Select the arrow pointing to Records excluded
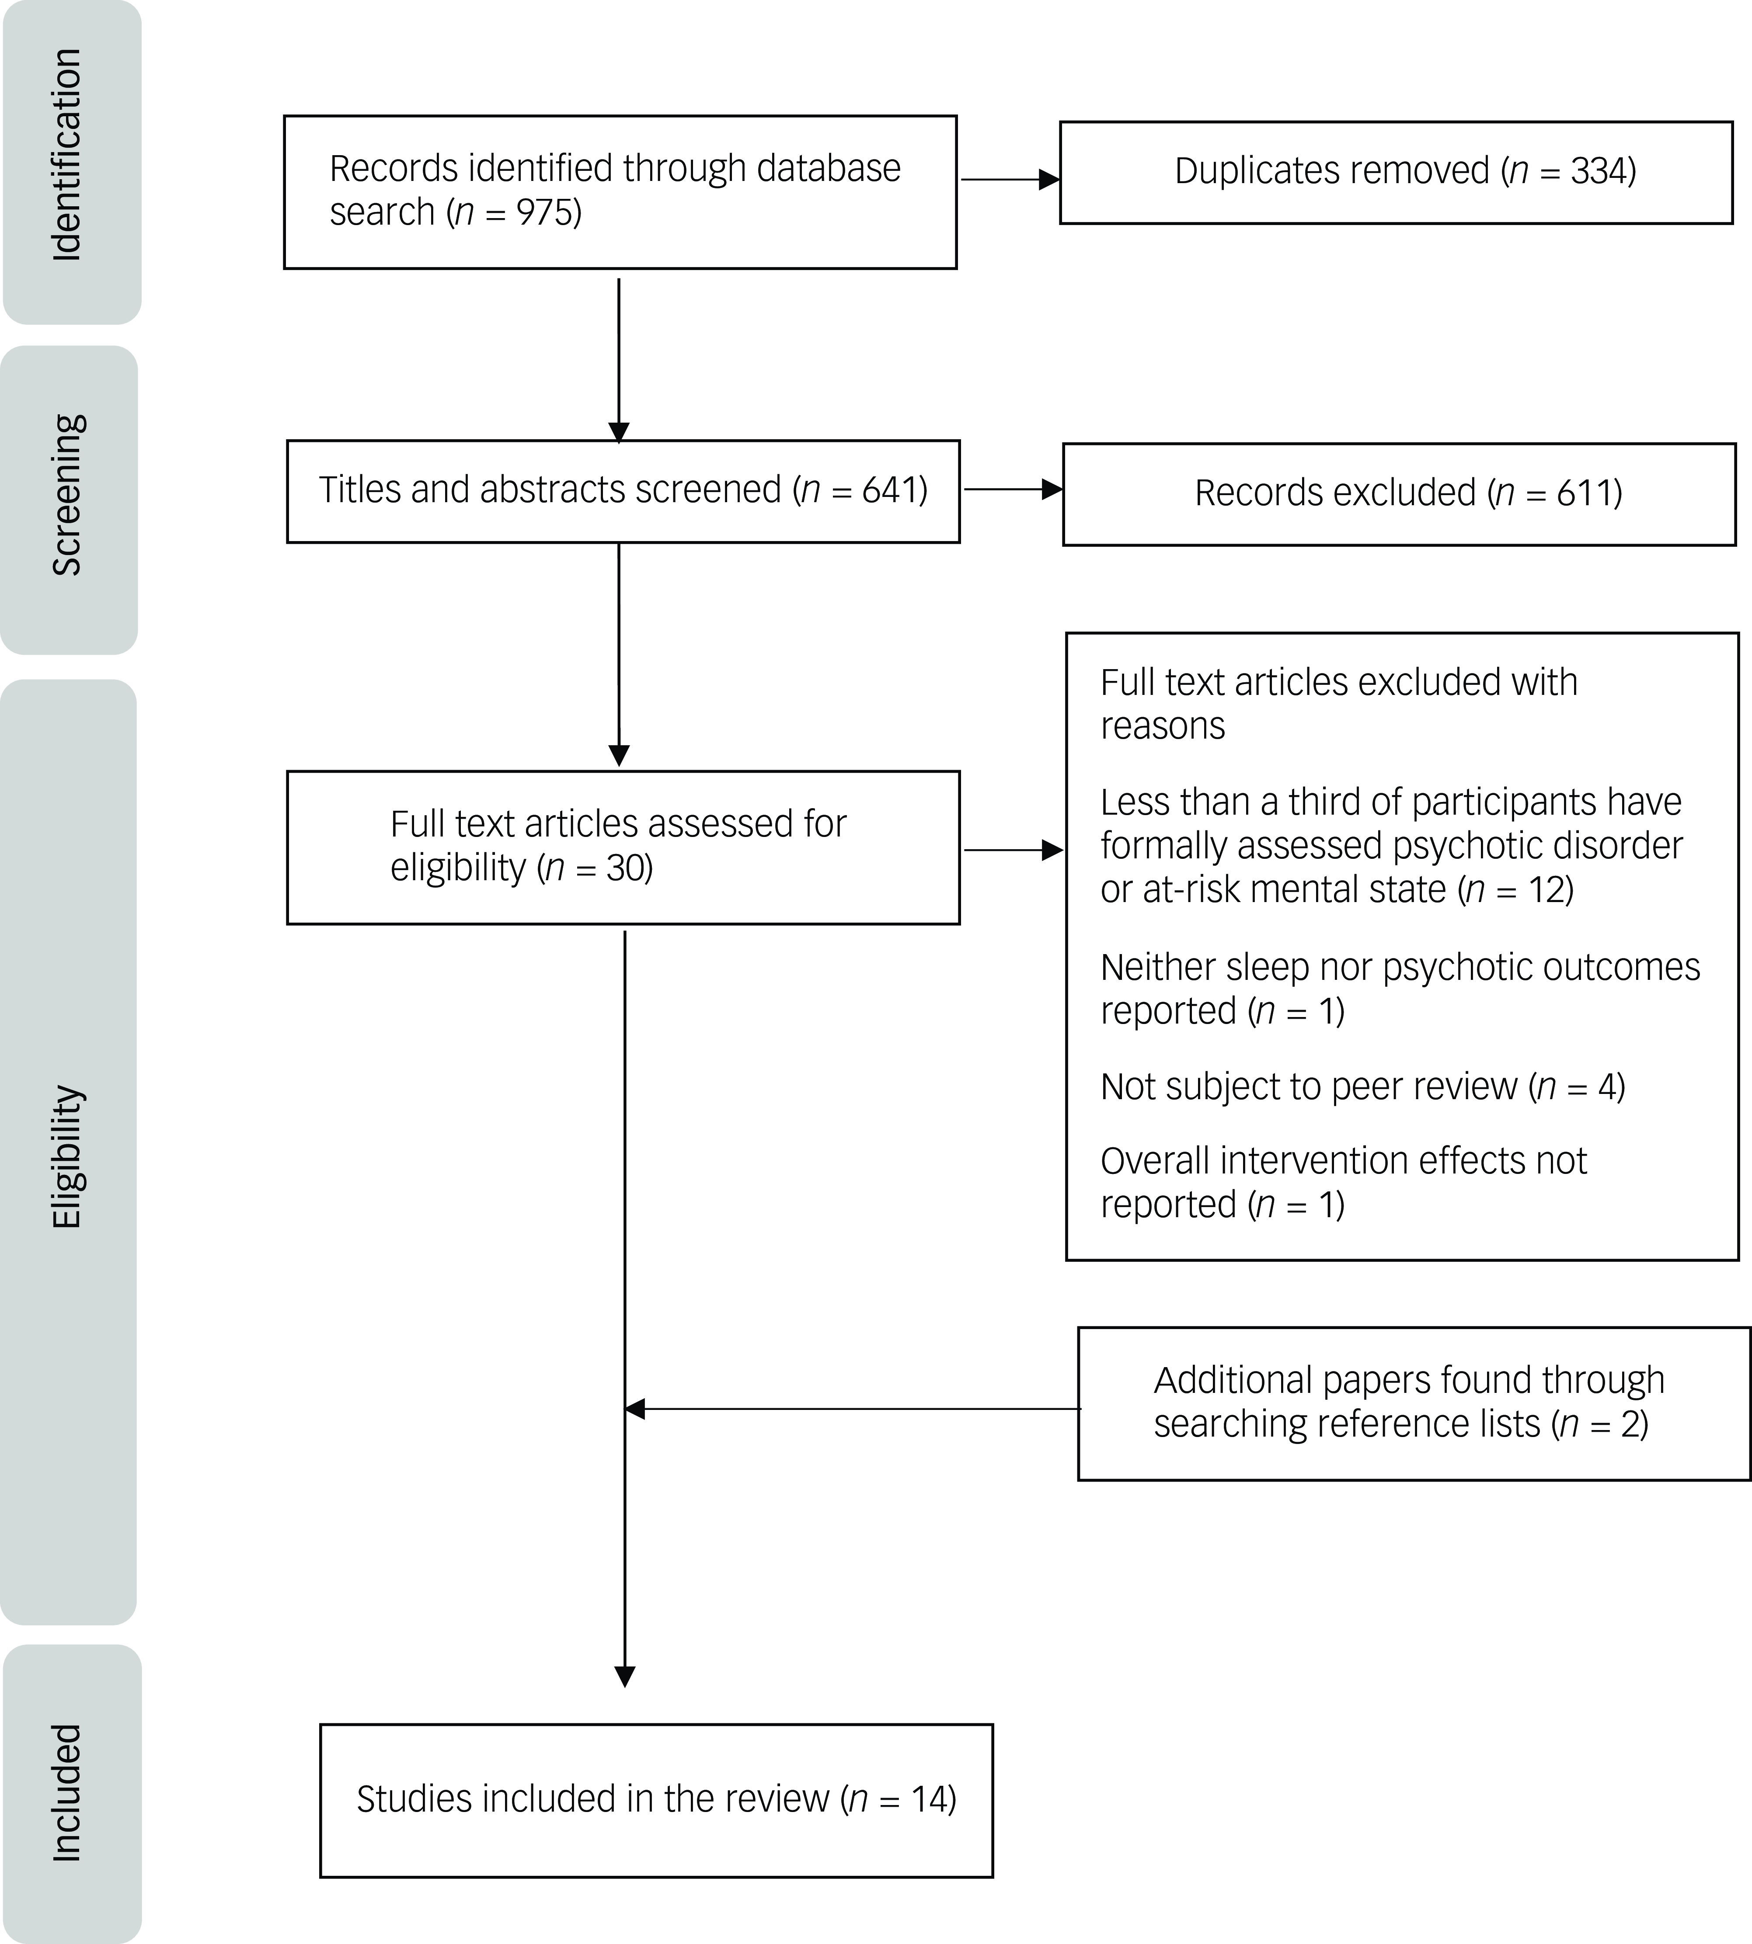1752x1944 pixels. (x=1013, y=489)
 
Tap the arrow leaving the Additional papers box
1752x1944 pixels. (x=852, y=1409)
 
